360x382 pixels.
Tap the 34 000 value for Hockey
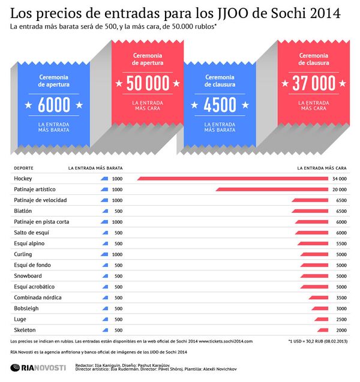pyautogui.click(x=339, y=179)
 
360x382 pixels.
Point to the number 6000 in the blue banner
pyautogui.click(x=54, y=106)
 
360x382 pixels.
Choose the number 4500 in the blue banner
pyautogui.click(x=220, y=106)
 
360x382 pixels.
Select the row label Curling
pyautogui.click(x=23, y=254)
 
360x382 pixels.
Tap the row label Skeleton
pyautogui.click(x=25, y=330)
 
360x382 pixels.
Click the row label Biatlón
pyautogui.click(x=23, y=211)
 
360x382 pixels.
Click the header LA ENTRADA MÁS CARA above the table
pyautogui.click(x=322, y=169)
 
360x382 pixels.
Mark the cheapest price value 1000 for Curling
pyautogui.click(x=117, y=254)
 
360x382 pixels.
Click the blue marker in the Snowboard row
pyautogui.click(x=104, y=276)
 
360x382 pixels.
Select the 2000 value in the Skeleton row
pyautogui.click(x=341, y=330)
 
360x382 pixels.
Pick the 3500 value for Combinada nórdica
pyautogui.click(x=341, y=297)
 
